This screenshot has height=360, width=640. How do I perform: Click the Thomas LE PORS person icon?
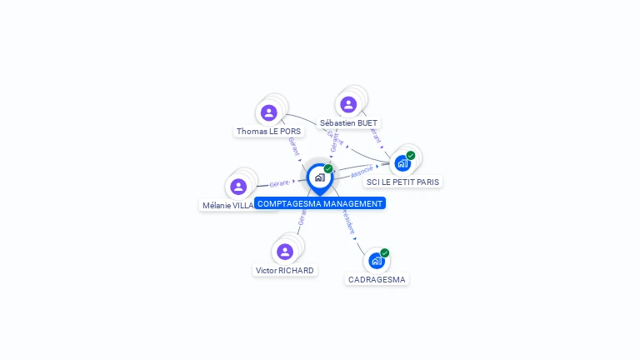pos(268,112)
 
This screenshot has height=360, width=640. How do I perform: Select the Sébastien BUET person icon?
pos(348,104)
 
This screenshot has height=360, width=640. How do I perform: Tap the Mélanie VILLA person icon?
pos(238,187)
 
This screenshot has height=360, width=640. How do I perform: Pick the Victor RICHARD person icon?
pos(285,251)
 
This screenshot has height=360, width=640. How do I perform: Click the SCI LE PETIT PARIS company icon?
pos(402,163)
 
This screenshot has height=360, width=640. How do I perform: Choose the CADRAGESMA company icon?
pos(377,261)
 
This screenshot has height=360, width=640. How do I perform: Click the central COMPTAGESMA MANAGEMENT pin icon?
pos(319,177)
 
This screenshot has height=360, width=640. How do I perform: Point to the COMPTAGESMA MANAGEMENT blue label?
pos(320,203)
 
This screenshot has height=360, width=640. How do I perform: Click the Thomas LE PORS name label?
pos(268,132)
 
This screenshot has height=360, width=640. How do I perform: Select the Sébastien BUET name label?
pos(348,123)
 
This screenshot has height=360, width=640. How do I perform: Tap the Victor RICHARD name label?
pos(285,271)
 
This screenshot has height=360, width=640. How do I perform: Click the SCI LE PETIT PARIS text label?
pos(403,182)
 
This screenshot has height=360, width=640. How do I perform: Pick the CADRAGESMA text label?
pos(377,280)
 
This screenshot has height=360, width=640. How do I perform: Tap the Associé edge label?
pos(362,172)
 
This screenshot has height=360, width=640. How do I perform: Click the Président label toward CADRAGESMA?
pos(347,222)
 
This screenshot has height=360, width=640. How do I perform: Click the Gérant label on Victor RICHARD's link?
pos(302,217)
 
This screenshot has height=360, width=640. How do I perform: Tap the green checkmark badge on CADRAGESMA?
pos(385,252)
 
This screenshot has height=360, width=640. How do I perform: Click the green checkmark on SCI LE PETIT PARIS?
pos(411,155)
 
